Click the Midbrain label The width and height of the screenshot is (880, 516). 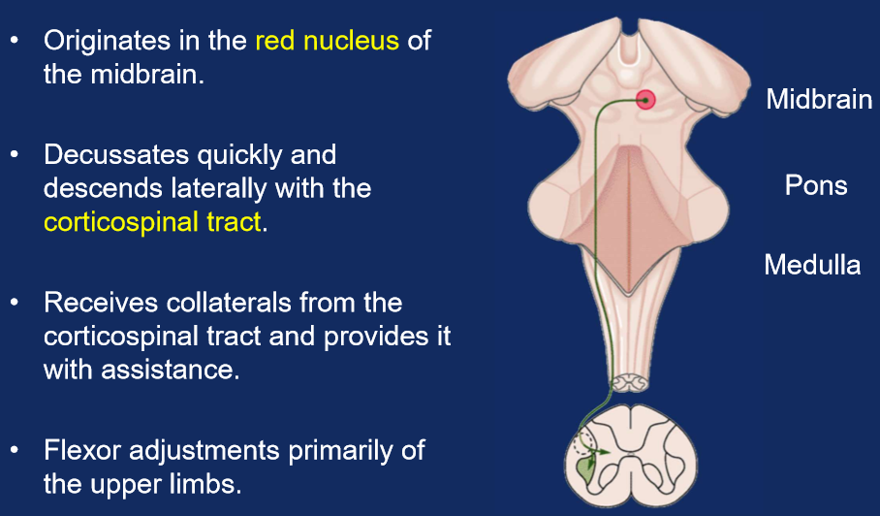pos(819,99)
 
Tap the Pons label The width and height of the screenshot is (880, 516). pos(816,185)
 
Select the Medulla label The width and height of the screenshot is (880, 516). pos(812,264)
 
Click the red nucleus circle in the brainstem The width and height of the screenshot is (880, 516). pos(644,98)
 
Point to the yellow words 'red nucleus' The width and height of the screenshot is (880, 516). pos(327,42)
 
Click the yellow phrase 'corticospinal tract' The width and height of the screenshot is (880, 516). pos(152,222)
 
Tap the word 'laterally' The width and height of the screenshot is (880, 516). pos(214,188)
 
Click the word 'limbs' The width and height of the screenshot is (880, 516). pos(213,484)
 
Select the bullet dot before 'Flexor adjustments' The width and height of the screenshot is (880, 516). pos(16,451)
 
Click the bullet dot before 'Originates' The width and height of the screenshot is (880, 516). pos(16,43)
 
